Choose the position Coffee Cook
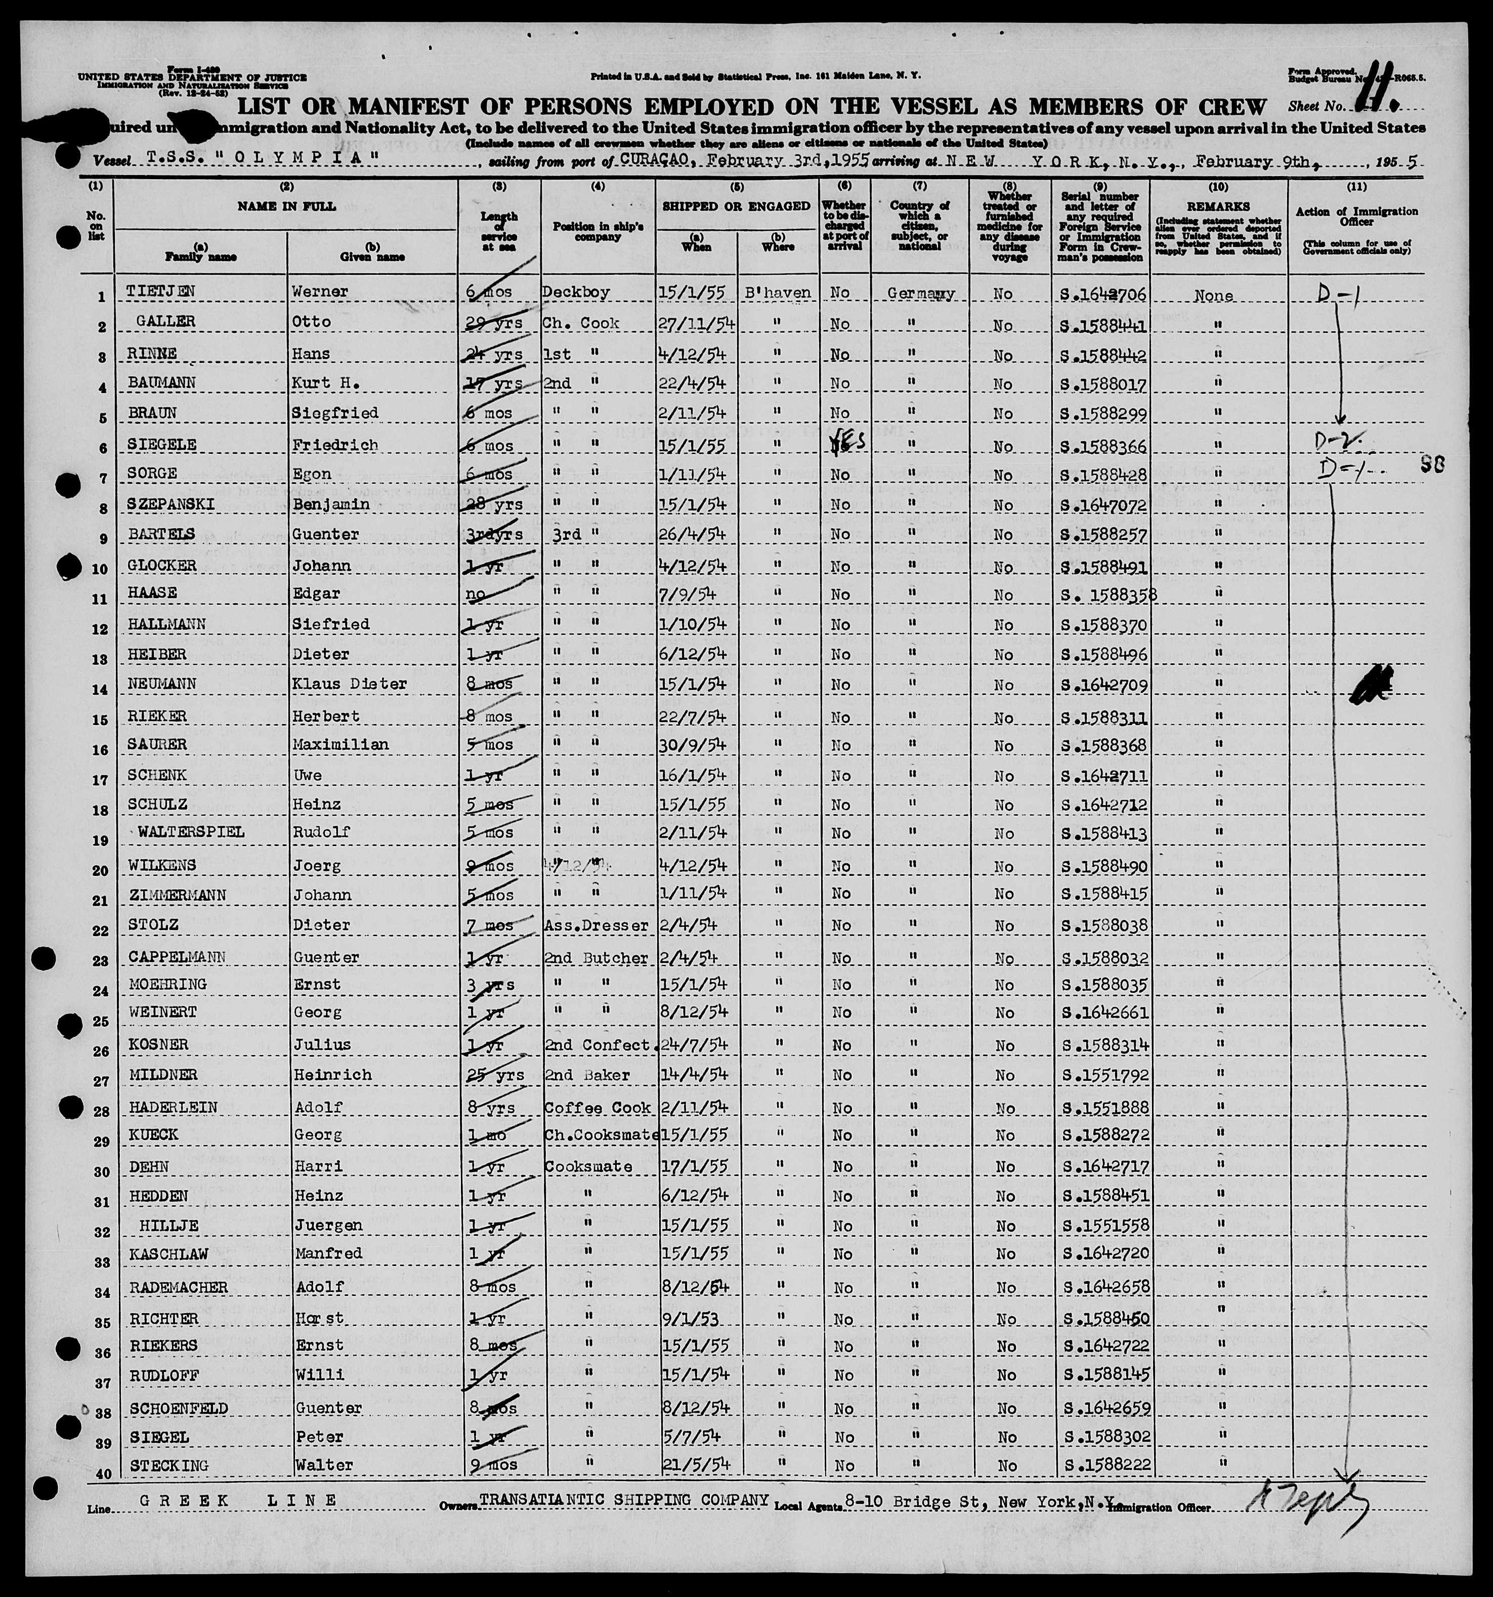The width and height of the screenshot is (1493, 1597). point(598,1107)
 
